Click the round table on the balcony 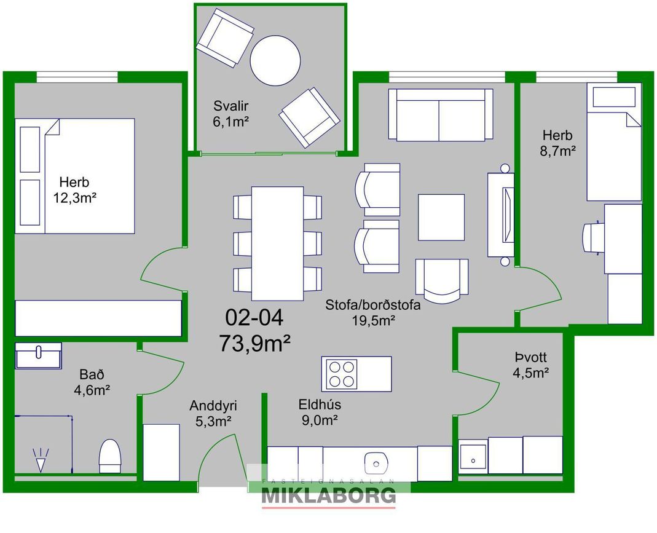click(275, 61)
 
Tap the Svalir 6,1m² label click(231, 114)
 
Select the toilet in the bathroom click(110, 456)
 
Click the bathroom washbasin click(39, 356)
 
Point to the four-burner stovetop click(341, 374)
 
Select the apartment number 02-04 click(254, 318)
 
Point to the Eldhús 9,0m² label click(320, 412)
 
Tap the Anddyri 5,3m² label click(213, 413)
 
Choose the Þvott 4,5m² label click(531, 365)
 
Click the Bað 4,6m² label click(92, 382)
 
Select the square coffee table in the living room click(441, 217)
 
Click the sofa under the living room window click(441, 114)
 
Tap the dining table click(277, 243)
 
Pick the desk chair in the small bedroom click(594, 238)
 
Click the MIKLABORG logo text click(328, 495)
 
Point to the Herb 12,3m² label click(74, 190)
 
